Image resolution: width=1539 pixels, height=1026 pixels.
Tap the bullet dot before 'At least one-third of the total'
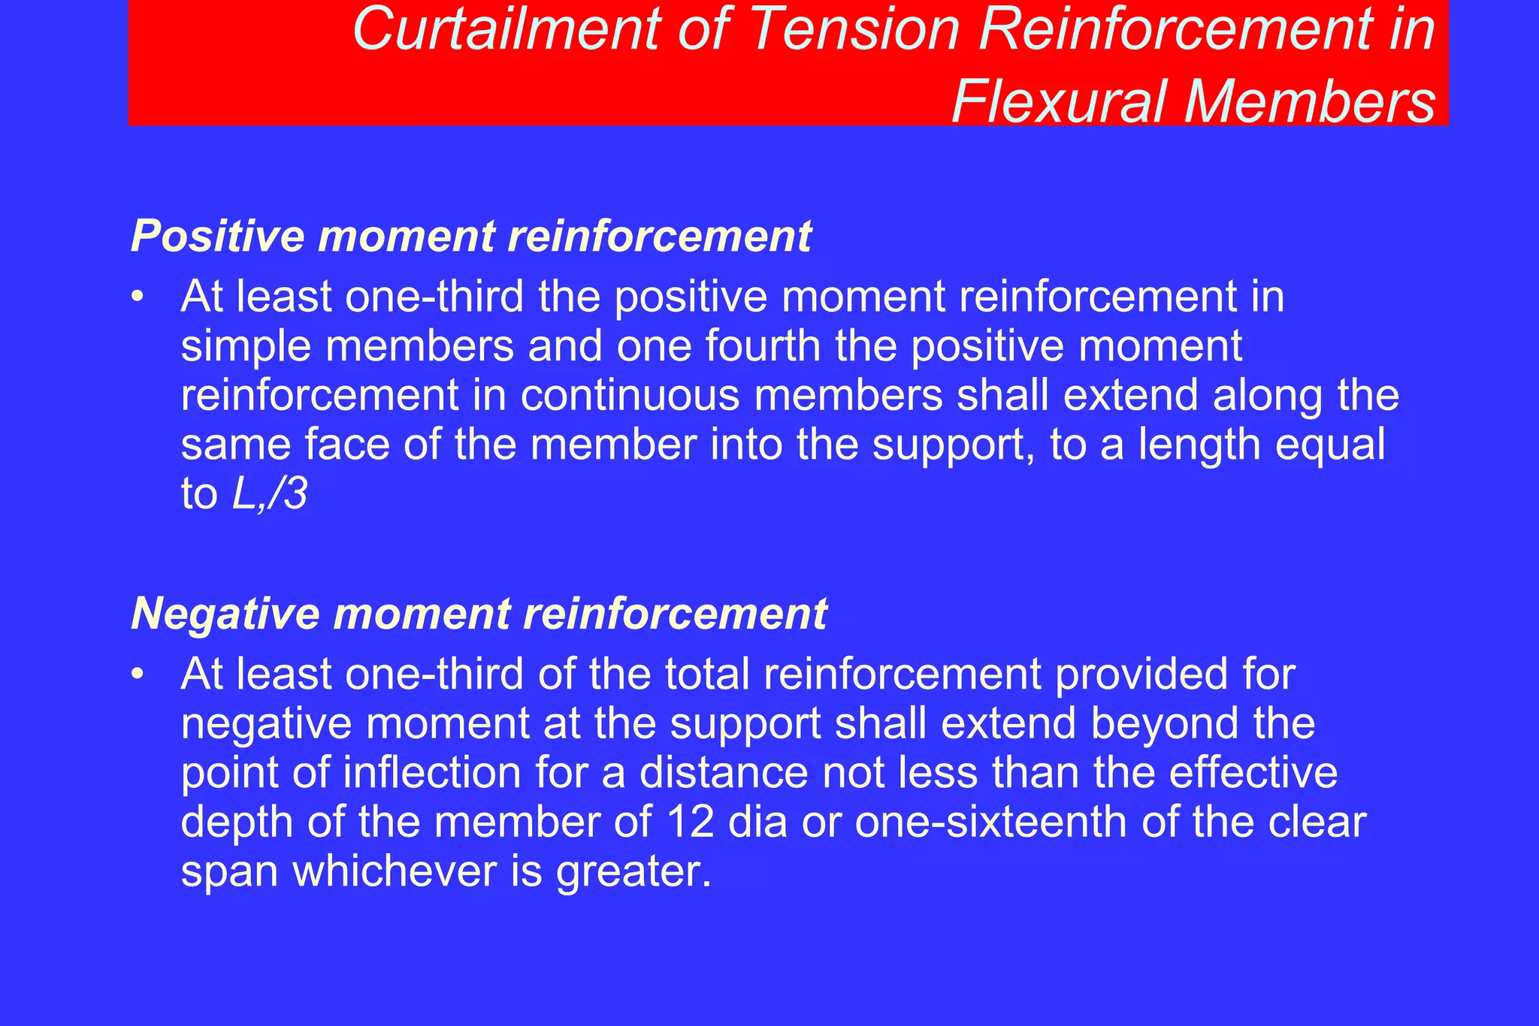click(x=136, y=675)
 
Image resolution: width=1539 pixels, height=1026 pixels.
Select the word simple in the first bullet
click(x=246, y=346)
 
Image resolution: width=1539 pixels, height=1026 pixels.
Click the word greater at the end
click(x=633, y=872)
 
